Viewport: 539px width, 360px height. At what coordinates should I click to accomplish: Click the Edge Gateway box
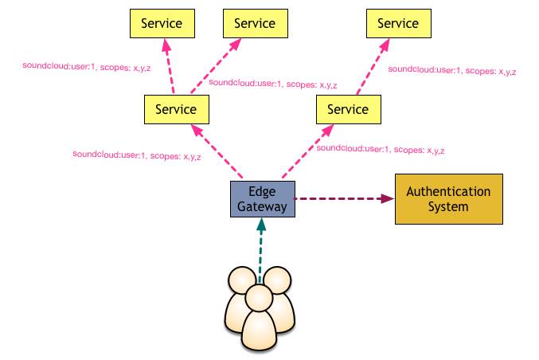tap(262, 198)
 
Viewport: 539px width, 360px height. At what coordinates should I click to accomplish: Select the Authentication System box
tap(448, 199)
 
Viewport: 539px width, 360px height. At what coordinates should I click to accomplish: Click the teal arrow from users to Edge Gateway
tap(260, 251)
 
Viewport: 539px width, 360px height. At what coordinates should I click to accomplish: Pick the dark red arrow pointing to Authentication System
tap(343, 198)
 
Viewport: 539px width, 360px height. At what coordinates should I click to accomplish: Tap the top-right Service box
tap(393, 24)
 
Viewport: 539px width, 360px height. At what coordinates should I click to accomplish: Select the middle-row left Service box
tap(170, 109)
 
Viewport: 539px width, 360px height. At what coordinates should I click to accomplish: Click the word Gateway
tap(262, 206)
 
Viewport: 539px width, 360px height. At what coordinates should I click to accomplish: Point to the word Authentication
tap(448, 192)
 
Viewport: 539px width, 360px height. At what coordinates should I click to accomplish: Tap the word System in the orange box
tap(448, 207)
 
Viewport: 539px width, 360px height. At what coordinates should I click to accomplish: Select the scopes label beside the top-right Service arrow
tap(451, 71)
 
